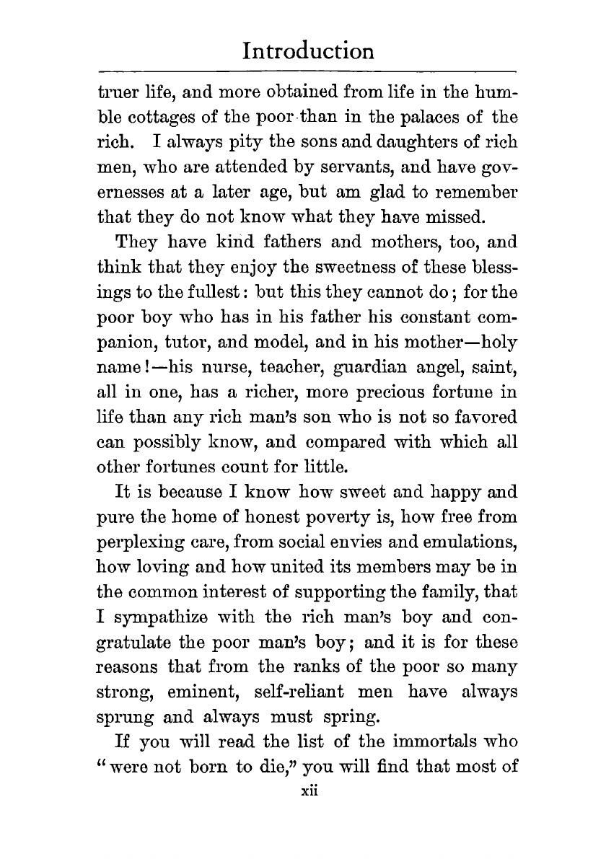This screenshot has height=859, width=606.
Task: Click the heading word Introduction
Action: [x=308, y=51]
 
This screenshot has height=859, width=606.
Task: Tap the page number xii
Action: [x=309, y=791]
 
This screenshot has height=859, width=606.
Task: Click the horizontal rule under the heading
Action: [x=308, y=71]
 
